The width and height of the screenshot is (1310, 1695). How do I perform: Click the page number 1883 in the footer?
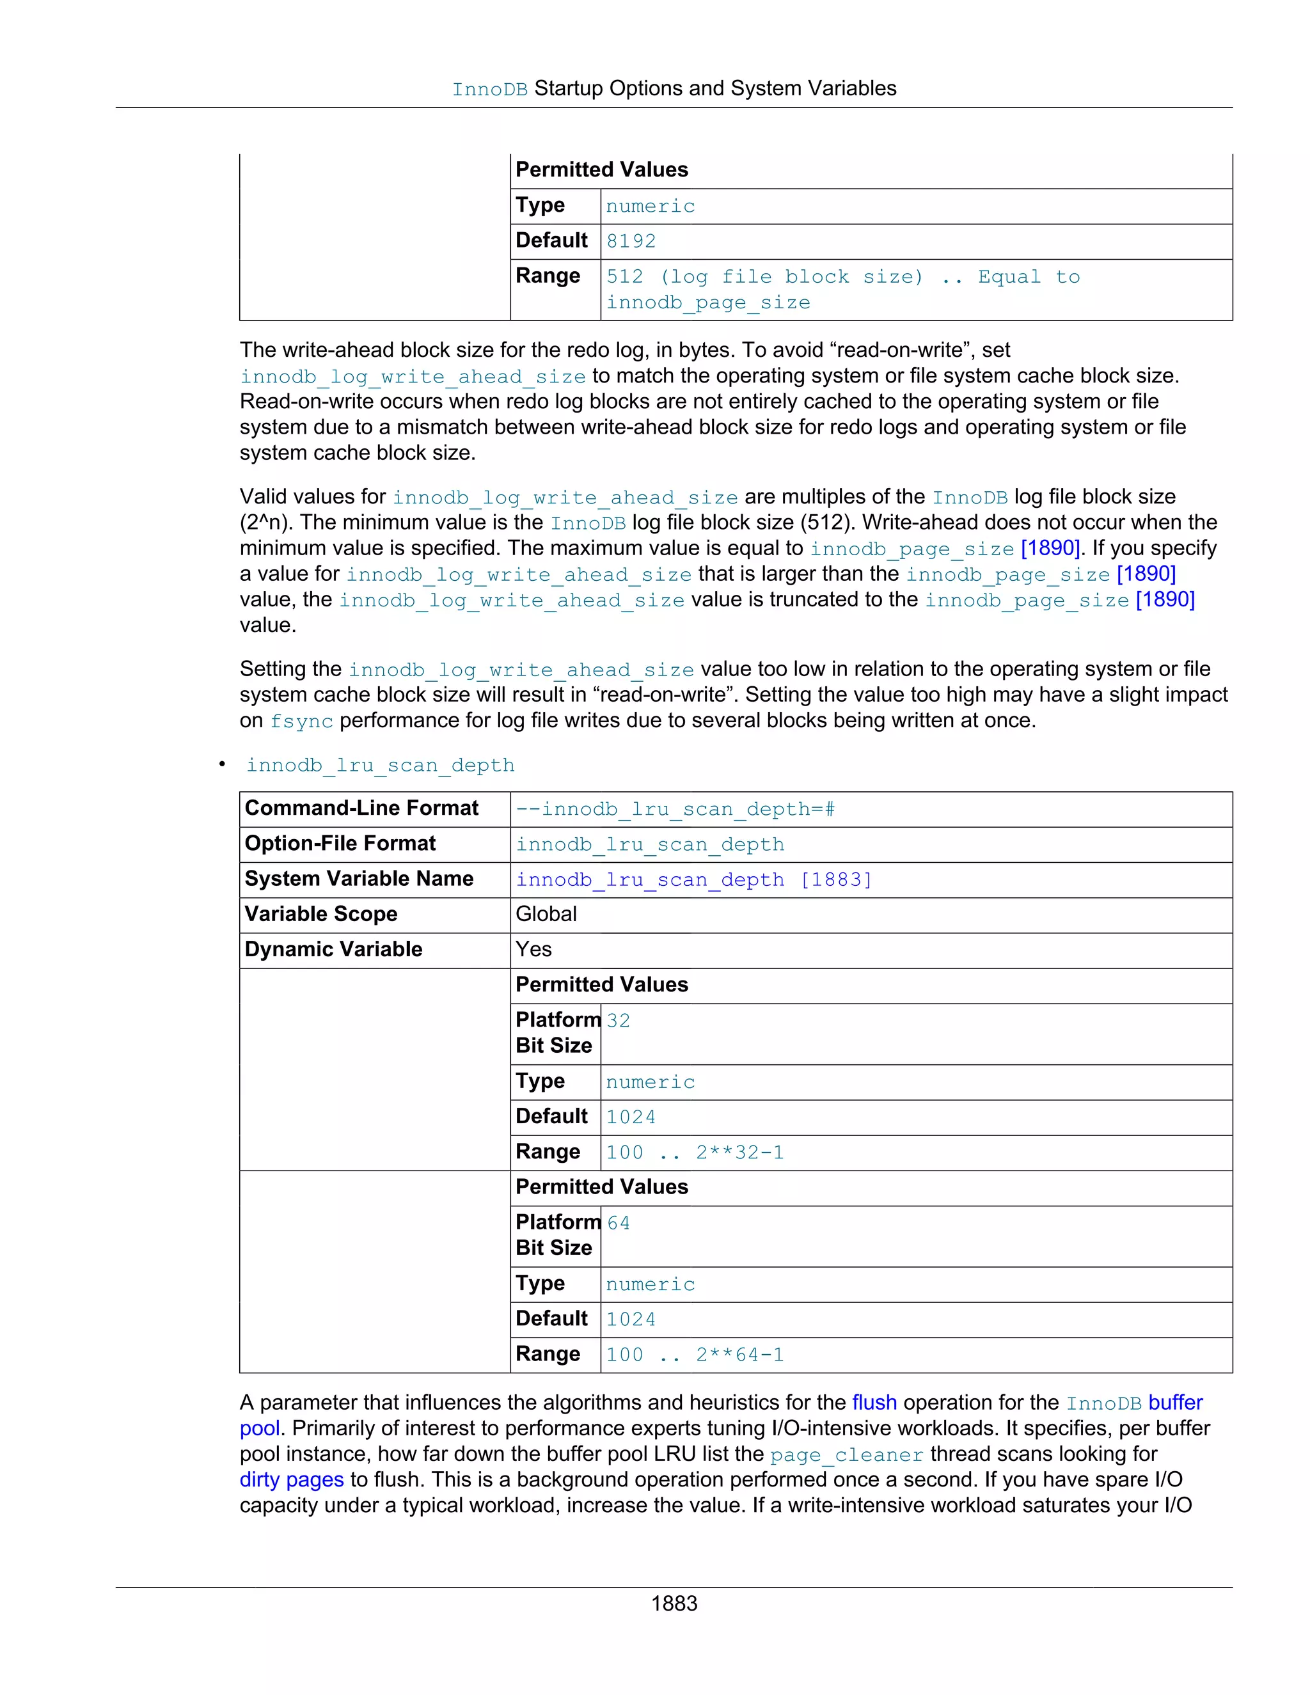(674, 1603)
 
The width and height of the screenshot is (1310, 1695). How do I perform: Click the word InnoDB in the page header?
(490, 90)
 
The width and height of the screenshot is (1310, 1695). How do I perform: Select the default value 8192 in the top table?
(631, 241)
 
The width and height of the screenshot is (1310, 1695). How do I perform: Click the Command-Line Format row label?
(361, 808)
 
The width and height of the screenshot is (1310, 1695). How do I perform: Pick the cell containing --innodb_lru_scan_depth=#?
(675, 810)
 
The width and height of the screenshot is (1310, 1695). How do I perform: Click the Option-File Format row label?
(340, 844)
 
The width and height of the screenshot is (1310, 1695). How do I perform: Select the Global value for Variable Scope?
(546, 914)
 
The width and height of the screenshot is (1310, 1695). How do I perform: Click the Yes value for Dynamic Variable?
(534, 949)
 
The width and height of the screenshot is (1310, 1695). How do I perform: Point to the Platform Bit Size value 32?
(619, 1021)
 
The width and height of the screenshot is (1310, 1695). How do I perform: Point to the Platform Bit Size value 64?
(619, 1223)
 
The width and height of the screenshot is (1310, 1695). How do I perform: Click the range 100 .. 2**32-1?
(695, 1153)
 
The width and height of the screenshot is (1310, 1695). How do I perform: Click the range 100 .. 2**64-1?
(695, 1355)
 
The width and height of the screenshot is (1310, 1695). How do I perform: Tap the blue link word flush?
(874, 1403)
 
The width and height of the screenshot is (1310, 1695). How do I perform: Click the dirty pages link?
(291, 1479)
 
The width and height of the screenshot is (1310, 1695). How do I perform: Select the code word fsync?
(301, 721)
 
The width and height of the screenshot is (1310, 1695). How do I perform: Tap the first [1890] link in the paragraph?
(1050, 548)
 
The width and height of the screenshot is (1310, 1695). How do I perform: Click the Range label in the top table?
(548, 276)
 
